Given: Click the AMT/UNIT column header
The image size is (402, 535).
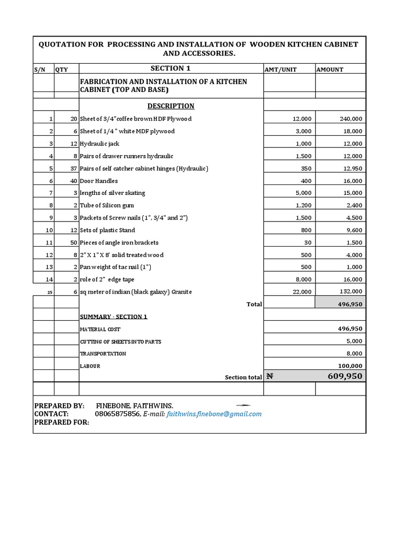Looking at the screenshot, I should point(281,69).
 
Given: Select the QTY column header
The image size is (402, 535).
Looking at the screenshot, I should point(62,69).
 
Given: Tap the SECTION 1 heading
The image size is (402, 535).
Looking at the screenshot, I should point(167,68).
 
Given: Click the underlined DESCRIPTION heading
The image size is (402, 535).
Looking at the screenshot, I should point(171,106).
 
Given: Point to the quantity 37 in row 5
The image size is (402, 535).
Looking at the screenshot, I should point(73,168).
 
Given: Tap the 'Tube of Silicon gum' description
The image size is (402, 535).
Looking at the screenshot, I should point(107,205).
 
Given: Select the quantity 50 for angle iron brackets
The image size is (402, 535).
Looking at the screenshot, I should point(73,242).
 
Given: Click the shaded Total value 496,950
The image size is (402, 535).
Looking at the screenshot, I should point(351,304).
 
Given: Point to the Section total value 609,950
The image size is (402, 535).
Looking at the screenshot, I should point(345,376).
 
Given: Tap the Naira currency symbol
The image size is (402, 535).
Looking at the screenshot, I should point(270,376).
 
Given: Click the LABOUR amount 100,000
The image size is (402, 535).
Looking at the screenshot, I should point(350,366).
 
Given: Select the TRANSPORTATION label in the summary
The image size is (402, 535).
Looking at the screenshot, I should point(103,354).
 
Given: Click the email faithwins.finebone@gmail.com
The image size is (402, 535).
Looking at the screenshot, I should point(214,414).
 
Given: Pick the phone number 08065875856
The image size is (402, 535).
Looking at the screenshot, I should point(117,414).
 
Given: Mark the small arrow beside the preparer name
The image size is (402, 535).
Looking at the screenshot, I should point(243,405).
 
